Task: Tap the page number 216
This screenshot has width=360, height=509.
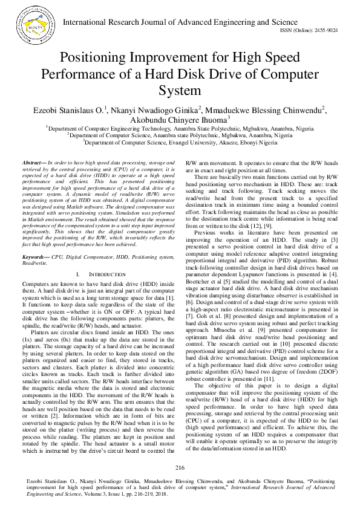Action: pyautogui.click(x=180, y=468)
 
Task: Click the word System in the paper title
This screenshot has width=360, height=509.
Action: pyautogui.click(x=179, y=91)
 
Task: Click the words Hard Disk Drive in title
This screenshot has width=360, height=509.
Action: pyautogui.click(x=206, y=75)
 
